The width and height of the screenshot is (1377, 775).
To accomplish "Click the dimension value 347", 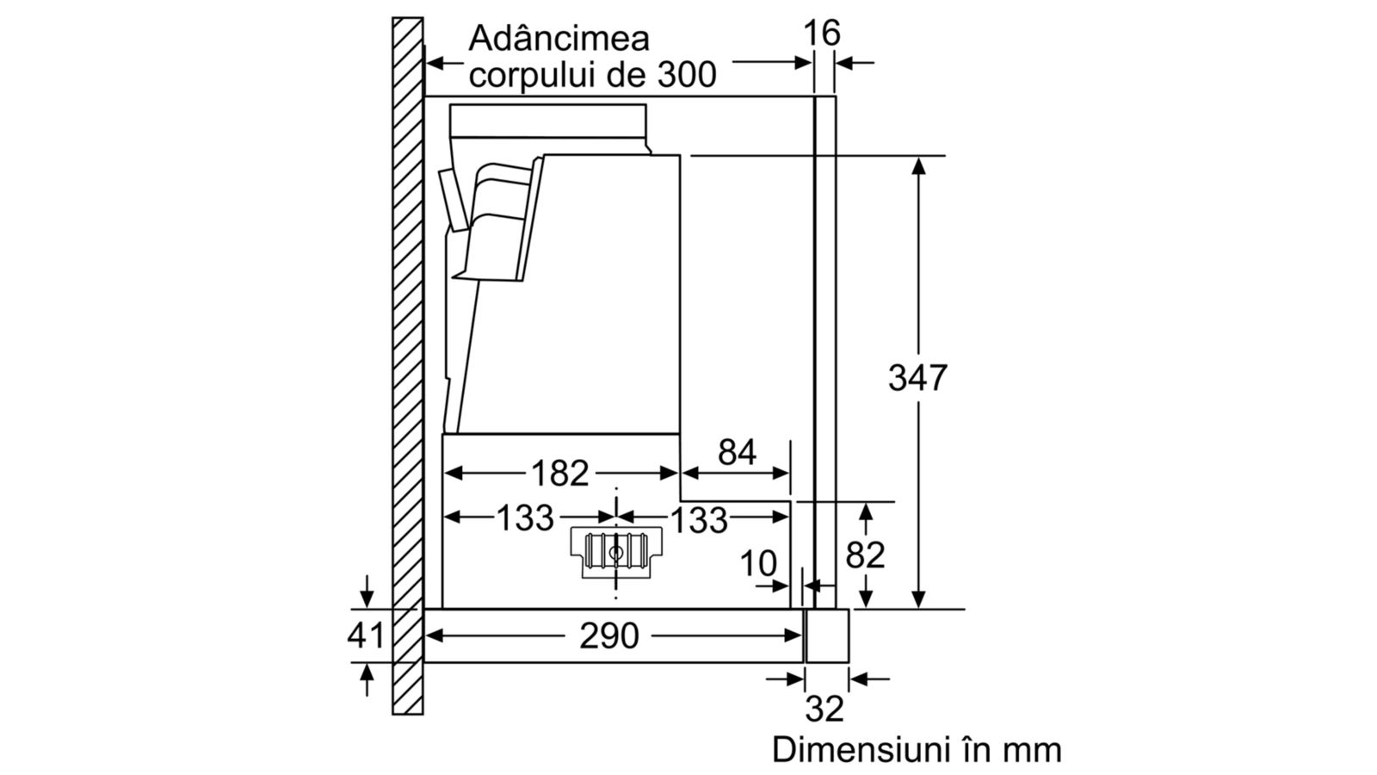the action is point(917,378).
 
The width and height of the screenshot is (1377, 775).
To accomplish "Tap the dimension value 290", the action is point(609,635).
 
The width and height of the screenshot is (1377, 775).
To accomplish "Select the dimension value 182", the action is point(560,473).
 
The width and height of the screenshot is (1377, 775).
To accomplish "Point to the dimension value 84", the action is point(737,452).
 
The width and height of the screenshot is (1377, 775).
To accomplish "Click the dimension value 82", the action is point(865,555).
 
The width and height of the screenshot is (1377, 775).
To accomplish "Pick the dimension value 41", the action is point(366,635).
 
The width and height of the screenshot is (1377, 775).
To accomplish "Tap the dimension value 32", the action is point(824,709).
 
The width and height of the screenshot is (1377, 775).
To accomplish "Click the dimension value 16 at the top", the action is point(822,34).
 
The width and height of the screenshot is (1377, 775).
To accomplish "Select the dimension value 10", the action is point(758,563).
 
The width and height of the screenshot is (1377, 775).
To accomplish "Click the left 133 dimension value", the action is point(525,518).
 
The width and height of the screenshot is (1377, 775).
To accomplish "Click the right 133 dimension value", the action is point(699,520).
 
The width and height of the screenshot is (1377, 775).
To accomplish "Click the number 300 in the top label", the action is point(687,75).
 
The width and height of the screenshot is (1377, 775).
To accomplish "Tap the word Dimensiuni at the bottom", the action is point(863,750).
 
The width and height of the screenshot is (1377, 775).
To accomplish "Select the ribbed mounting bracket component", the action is point(616,552).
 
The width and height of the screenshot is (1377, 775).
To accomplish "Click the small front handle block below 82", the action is point(827,636).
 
